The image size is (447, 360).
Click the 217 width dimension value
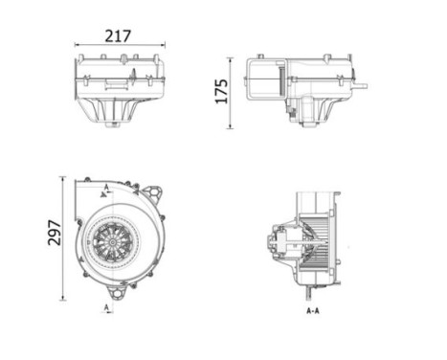click(x=117, y=35)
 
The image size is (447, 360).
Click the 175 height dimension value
click(x=221, y=92)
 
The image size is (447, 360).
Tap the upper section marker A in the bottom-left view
click(x=106, y=185)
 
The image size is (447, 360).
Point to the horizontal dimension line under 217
click(x=119, y=45)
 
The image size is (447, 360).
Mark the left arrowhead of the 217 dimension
click(x=78, y=45)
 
